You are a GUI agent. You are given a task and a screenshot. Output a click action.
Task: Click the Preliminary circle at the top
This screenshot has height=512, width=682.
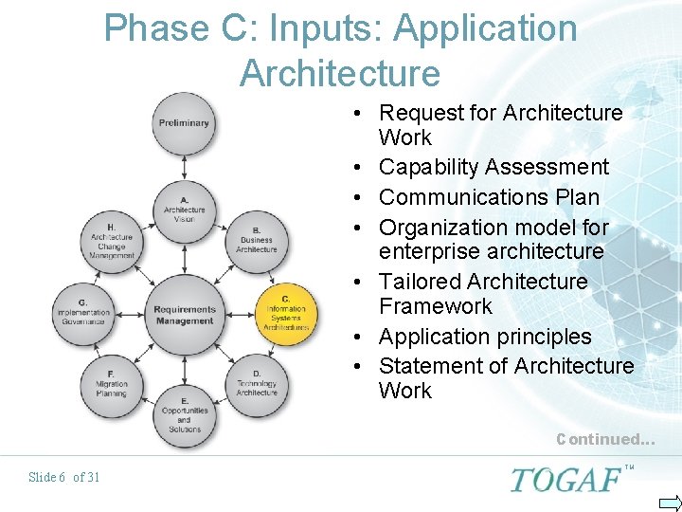click(x=184, y=123)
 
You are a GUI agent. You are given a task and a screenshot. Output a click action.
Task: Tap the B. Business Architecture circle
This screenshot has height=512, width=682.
click(x=257, y=239)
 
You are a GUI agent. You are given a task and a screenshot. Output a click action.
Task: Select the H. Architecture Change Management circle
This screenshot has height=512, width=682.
click(x=112, y=241)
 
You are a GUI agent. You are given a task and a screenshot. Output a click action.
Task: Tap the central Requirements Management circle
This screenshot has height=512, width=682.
click(x=184, y=314)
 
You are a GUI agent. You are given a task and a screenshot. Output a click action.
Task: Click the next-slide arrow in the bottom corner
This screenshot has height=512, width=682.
click(x=669, y=503)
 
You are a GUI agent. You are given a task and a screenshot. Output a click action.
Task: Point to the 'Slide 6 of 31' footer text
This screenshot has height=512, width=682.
click(x=64, y=477)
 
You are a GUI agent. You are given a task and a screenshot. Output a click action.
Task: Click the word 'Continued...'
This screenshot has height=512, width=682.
click(x=604, y=439)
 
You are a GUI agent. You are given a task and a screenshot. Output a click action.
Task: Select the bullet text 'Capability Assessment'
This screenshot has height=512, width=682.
click(x=494, y=167)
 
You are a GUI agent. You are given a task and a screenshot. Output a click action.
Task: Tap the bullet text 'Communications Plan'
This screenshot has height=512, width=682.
click(x=489, y=197)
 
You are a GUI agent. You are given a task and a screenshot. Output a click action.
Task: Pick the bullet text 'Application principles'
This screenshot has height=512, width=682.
click(x=485, y=337)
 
